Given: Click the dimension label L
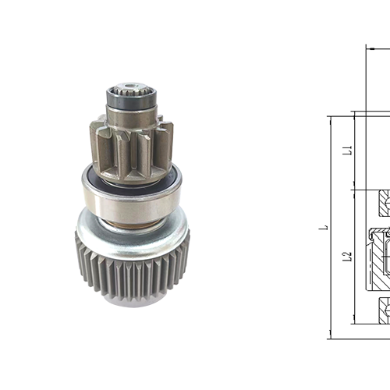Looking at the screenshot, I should click(x=328, y=229).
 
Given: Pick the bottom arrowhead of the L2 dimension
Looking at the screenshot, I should click(x=353, y=322).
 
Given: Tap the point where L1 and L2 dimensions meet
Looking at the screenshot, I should click(x=353, y=190).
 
